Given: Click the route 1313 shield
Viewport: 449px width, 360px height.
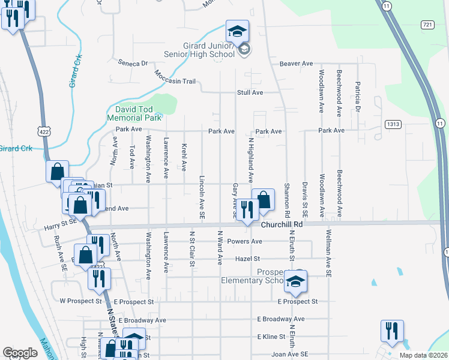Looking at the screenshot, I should click(x=393, y=124).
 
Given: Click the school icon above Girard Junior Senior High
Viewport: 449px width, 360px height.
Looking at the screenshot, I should click(x=237, y=31).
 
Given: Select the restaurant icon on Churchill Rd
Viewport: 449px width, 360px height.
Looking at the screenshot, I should click(x=246, y=209).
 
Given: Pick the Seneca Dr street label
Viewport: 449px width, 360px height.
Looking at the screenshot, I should click(x=133, y=63).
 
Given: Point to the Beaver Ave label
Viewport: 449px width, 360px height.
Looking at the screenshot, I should click(x=300, y=63).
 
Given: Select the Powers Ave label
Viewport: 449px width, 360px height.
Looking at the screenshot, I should click(x=249, y=241).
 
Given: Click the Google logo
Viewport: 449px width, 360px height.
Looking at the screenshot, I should click(x=20, y=353).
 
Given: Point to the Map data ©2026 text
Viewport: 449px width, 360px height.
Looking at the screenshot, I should click(x=423, y=355).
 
